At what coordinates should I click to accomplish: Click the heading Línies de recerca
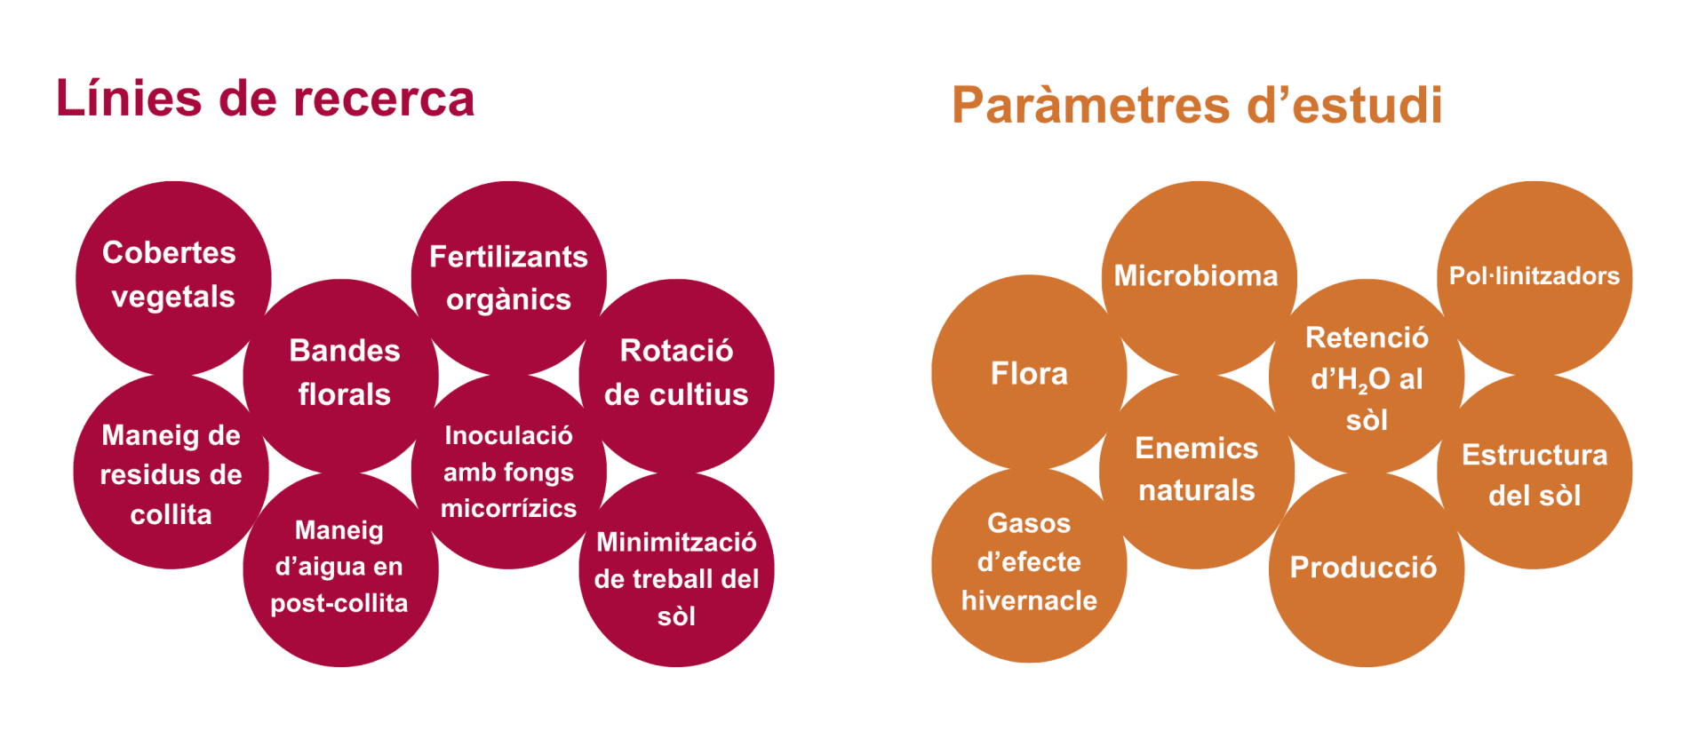pos(265,98)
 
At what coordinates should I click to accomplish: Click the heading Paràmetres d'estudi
pos(1197,105)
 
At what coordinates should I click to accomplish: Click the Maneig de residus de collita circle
pos(171,472)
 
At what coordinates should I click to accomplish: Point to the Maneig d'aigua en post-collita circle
pos(341,569)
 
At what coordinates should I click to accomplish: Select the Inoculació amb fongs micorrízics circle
pos(509,472)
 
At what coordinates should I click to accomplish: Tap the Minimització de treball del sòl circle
pos(677,569)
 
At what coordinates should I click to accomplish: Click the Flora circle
pos(1029,372)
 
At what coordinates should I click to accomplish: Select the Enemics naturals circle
pos(1197,472)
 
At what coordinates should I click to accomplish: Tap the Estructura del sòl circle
pos(1535,472)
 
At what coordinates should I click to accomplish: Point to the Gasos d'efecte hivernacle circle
pos(1029,565)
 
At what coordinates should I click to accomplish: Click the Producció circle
pos(1367,569)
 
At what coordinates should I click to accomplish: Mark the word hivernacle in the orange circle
pos(1029,601)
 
